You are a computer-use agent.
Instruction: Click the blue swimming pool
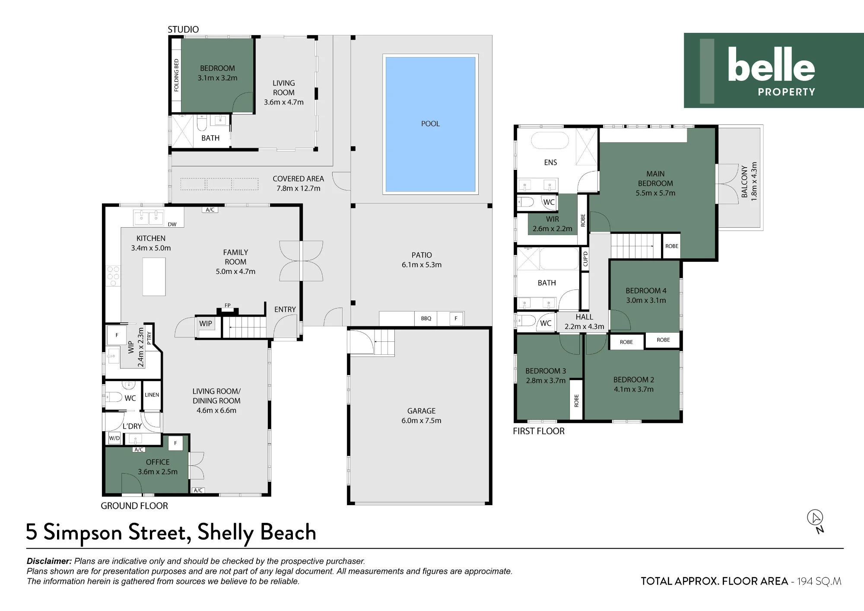[x=430, y=124]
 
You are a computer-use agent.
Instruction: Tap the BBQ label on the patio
[x=426, y=318]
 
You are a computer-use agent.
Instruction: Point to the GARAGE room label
[x=421, y=411]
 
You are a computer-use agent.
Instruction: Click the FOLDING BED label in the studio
[x=176, y=75]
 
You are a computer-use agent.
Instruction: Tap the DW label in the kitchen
[x=172, y=224]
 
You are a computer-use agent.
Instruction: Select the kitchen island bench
[x=154, y=277]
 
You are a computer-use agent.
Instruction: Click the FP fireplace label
[x=228, y=305]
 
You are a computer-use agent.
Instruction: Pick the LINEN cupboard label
[x=152, y=395]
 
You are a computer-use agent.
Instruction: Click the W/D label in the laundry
[x=114, y=438]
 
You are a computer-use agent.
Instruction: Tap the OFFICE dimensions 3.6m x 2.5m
[x=158, y=472]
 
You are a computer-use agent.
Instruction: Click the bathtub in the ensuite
[x=550, y=141]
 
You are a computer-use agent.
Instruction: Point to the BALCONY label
[x=744, y=181]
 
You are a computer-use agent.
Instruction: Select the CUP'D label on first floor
[x=585, y=259]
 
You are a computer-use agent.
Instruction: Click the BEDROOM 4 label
[x=646, y=291]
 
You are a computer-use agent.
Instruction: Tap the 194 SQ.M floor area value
[x=819, y=581]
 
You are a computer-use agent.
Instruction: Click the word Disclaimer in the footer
[x=49, y=561]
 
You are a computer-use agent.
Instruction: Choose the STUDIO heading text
[x=183, y=29]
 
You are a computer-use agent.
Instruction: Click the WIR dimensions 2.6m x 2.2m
[x=553, y=229]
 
